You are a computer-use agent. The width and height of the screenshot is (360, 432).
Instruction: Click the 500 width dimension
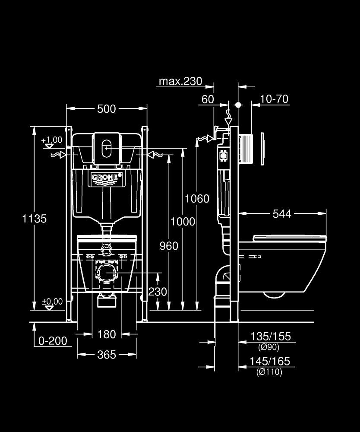coord(106,109)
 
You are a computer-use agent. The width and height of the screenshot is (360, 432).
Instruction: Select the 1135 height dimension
coord(35,219)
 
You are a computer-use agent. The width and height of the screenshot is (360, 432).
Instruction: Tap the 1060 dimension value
coord(197,199)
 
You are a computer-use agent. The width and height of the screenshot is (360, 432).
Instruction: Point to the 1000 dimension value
coord(183,222)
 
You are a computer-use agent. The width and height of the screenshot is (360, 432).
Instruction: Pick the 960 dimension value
coord(169,246)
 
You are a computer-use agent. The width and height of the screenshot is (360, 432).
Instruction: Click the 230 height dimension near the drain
coord(158,292)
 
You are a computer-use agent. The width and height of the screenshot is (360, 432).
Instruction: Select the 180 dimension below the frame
coord(107,334)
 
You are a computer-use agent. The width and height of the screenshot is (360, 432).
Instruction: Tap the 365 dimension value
coord(107,355)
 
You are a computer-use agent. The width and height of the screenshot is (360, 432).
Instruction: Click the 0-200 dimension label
coord(53,341)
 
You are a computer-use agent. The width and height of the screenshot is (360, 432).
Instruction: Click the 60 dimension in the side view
coord(208,99)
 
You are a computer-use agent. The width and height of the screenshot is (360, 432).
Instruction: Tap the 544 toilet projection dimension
coord(282,213)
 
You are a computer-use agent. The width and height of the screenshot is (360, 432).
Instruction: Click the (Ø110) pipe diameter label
coord(269,372)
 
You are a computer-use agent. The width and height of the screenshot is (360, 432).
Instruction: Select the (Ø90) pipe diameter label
coord(268,347)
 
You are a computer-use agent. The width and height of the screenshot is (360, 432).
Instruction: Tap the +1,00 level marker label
coord(52,140)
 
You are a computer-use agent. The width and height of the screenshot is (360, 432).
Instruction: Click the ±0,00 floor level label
coord(52,302)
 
